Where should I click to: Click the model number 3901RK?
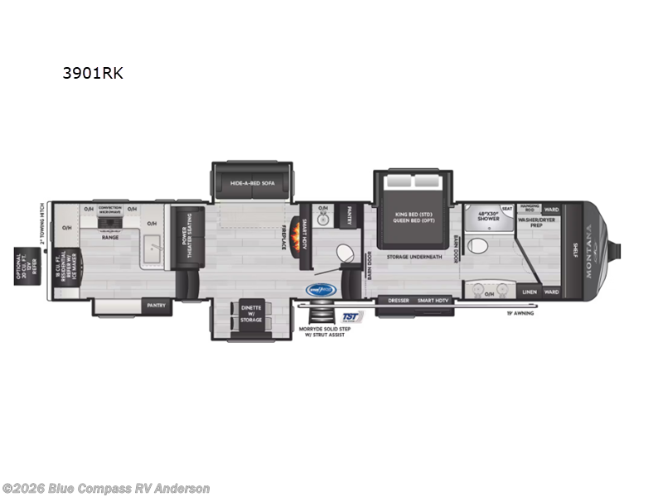(93, 73)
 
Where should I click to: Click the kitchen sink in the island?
(152, 248)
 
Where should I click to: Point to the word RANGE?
(111, 238)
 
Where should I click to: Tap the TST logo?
(351, 316)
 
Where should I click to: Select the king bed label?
(414, 216)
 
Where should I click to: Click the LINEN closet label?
(529, 292)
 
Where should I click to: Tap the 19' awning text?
(520, 314)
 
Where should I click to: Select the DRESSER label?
(398, 300)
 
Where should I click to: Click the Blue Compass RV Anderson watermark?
(106, 488)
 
